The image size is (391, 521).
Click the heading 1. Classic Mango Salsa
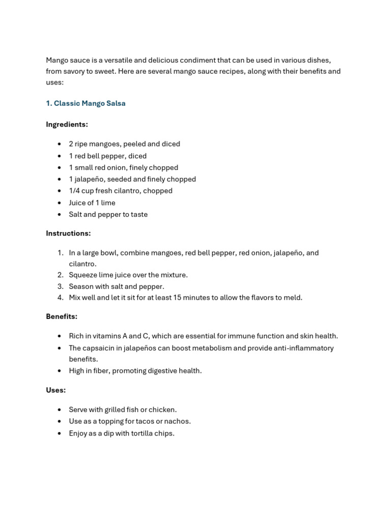click(86, 103)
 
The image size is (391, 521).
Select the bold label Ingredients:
click(67, 124)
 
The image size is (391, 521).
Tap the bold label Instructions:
click(68, 233)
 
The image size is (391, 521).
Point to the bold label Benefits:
click(62, 316)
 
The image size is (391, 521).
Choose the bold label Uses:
click(55, 390)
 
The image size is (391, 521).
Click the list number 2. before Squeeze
click(60, 275)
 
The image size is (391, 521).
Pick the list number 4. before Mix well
click(60, 298)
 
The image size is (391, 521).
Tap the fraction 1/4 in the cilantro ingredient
click(74, 191)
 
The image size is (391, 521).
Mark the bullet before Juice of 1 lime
click(59, 203)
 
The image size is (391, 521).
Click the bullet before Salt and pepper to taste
click(59, 215)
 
